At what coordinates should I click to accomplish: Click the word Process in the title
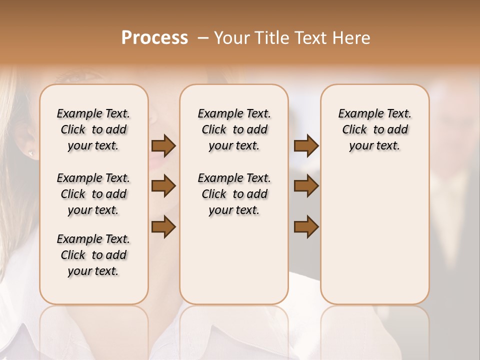point(154,38)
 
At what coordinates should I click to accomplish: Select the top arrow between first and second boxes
point(163,145)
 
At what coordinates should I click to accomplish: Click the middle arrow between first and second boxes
point(163,186)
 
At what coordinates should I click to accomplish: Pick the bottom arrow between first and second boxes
point(163,226)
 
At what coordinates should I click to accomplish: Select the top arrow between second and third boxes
point(306,145)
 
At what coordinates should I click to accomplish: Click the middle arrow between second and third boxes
point(306,186)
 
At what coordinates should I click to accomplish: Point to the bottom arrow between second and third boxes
point(306,226)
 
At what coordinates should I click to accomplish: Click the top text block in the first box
point(93,129)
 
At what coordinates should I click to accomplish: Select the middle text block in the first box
point(93,194)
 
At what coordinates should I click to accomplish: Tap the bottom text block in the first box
point(93,255)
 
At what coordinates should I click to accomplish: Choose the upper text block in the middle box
point(234,129)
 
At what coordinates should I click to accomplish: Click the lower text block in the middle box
point(234,194)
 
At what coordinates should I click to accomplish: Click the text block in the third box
point(375,129)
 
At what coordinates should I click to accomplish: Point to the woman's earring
point(31,152)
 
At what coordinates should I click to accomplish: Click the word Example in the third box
point(357,114)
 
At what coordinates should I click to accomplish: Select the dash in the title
point(203,38)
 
